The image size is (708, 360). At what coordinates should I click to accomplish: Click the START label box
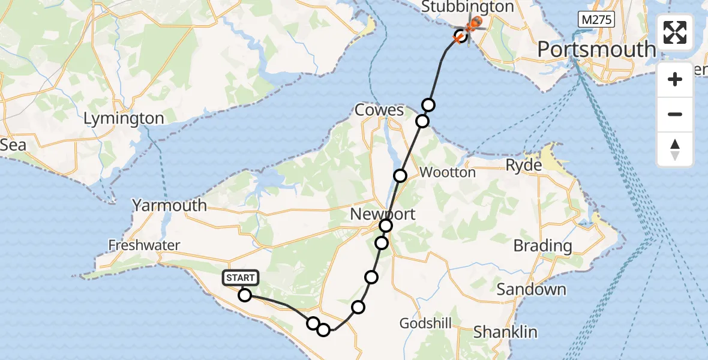click(x=241, y=278)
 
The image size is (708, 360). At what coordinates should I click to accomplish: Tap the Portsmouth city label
click(x=596, y=49)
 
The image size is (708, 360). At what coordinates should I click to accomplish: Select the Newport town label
click(x=382, y=214)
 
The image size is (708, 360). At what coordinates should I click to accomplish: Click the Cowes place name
click(x=379, y=110)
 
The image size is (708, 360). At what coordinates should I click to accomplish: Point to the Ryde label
click(x=524, y=166)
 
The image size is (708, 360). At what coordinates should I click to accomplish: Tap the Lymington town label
click(x=124, y=118)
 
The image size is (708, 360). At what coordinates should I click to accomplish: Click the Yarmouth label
click(x=169, y=205)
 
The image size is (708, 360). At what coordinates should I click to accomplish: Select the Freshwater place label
click(x=144, y=245)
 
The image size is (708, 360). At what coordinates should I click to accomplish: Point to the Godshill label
click(x=426, y=323)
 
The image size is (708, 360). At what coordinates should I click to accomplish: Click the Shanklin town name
click(x=505, y=332)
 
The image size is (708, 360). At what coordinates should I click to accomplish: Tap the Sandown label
click(x=531, y=290)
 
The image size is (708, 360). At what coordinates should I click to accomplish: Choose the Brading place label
click(x=542, y=245)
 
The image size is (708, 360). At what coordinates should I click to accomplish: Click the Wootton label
click(x=447, y=173)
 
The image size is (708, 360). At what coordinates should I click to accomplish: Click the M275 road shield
click(x=596, y=20)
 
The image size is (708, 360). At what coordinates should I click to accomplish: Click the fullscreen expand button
click(x=675, y=32)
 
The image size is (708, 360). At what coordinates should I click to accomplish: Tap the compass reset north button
click(x=675, y=149)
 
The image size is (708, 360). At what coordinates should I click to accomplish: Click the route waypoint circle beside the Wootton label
click(x=400, y=175)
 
